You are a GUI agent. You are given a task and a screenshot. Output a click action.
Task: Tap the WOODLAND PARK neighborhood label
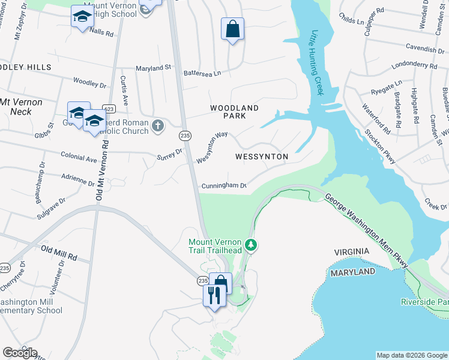tap(234, 112)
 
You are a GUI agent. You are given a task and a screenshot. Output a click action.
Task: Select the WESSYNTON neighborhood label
tap(262, 157)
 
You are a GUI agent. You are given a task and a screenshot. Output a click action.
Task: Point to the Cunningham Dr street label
tap(224, 186)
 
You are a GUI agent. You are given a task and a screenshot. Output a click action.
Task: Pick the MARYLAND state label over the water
tap(353, 272)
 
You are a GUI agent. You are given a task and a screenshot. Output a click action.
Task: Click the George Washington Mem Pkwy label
tap(366, 230)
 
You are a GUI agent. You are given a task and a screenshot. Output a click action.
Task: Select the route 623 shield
tap(109, 109)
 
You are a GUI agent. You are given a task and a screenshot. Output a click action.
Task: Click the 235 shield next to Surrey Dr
tap(185, 136)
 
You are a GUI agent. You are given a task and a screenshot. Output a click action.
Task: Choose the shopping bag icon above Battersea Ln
tap(232, 29)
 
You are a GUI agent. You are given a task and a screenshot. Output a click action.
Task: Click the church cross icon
tap(157, 125)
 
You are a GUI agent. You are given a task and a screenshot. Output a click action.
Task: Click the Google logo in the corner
tap(20, 352)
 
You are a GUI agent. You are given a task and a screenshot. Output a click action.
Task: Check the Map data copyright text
tap(411, 355)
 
